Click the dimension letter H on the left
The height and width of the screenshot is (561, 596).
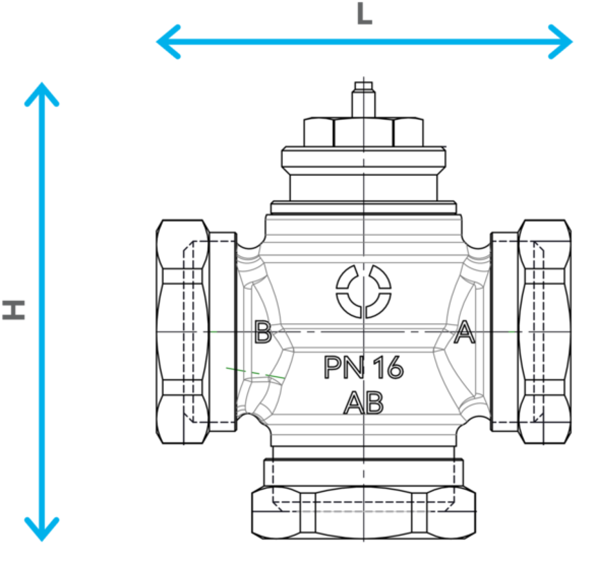click(13, 310)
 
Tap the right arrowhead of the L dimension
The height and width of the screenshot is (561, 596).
click(561, 42)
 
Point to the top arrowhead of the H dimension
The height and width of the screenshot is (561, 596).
click(42, 94)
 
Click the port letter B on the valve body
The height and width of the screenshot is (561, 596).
click(263, 332)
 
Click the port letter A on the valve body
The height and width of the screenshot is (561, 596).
click(464, 332)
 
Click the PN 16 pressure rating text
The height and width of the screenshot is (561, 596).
click(364, 367)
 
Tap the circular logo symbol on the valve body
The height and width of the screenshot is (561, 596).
click(364, 291)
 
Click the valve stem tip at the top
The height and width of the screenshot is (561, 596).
click(364, 86)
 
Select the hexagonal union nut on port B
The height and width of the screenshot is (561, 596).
click(182, 332)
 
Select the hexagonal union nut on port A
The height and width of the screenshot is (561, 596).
click(544, 332)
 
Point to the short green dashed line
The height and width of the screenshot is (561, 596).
click(255, 373)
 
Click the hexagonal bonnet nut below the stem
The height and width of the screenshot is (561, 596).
click(364, 132)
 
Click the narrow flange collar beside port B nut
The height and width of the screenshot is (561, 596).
click(223, 332)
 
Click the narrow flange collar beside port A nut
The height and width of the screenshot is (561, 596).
click(504, 332)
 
